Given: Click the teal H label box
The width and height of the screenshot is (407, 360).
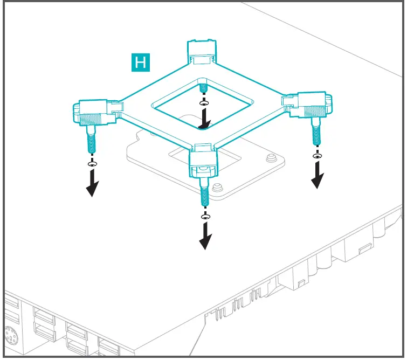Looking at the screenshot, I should tap(141, 62).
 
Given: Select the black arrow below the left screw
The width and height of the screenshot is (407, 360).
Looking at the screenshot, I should tap(93, 183).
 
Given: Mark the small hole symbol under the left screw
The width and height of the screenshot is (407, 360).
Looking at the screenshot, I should tap(92, 163).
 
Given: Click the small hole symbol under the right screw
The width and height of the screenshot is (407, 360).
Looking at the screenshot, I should tap(317, 156).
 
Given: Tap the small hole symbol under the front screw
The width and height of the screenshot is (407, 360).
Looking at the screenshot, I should tap(205, 216).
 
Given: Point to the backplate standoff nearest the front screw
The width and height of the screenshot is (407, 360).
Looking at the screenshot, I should tap(218, 188).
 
